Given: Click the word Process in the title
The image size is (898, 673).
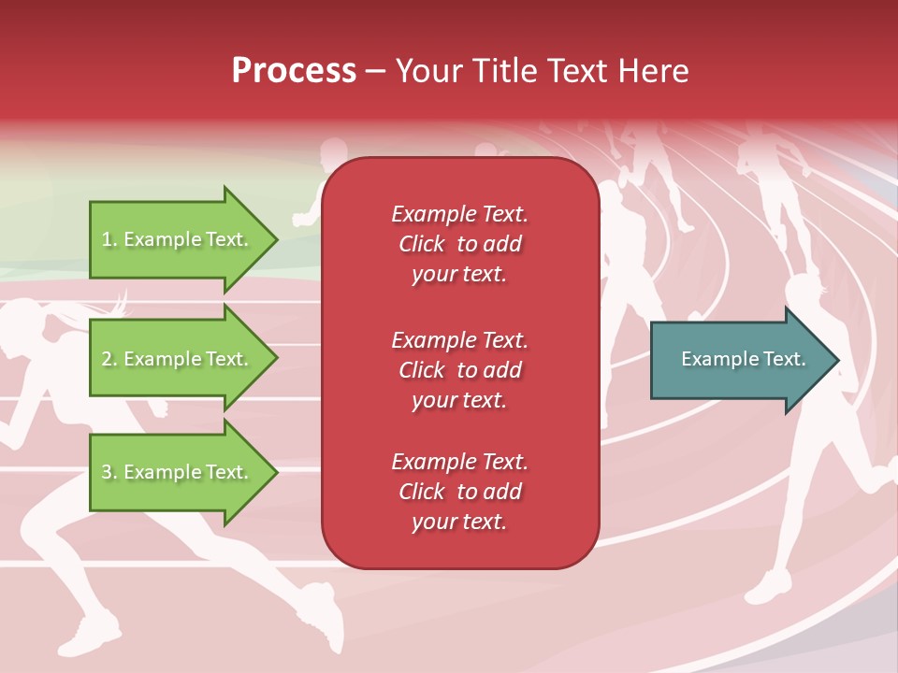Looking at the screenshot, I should [x=294, y=71].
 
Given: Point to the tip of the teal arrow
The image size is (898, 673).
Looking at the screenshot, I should [x=837, y=360].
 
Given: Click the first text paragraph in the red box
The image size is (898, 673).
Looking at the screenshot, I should [x=459, y=244].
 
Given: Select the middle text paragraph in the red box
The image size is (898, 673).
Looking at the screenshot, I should [x=459, y=370].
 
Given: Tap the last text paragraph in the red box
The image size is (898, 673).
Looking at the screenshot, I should [x=459, y=492].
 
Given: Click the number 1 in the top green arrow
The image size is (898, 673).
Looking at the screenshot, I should [x=107, y=240].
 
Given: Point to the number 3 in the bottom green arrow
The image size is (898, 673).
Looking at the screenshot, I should [x=107, y=472].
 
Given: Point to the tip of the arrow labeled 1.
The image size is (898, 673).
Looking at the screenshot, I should [x=277, y=240].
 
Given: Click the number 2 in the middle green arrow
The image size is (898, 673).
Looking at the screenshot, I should [x=107, y=359].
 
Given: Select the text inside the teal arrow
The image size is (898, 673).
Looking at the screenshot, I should [x=744, y=359].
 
